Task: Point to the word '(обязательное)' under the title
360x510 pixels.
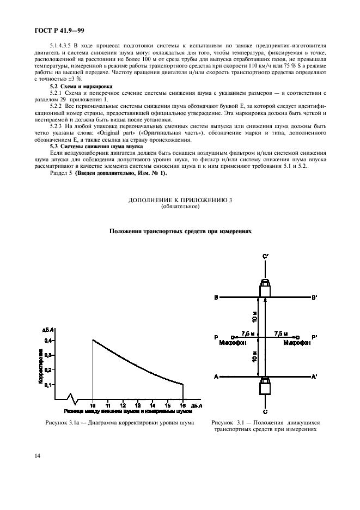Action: point(180,207)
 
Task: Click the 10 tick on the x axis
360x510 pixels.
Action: point(93,406)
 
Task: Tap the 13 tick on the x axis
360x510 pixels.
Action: point(138,406)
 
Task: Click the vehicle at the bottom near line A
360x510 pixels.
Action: point(265,386)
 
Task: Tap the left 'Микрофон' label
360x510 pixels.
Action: point(233,343)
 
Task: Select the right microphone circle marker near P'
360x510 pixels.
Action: point(297,337)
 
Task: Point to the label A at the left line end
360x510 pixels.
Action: point(216,377)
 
